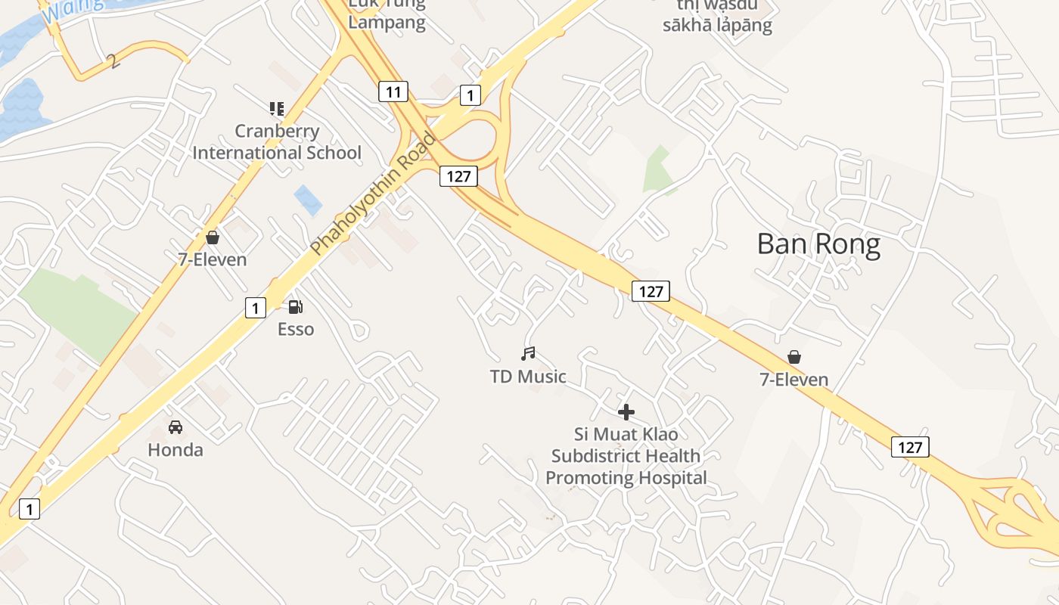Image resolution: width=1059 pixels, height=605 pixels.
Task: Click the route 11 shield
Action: point(393,92)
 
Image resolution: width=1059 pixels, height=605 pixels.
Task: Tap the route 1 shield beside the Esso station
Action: point(256,308)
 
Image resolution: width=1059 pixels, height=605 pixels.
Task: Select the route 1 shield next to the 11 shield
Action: point(470,95)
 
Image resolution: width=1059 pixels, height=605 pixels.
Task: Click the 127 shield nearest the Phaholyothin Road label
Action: point(458,177)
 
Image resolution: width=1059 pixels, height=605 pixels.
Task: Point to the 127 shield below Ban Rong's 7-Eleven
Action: point(910,447)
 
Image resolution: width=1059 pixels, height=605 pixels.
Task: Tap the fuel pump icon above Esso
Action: point(296,306)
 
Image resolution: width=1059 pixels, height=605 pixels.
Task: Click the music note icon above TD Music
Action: point(528,353)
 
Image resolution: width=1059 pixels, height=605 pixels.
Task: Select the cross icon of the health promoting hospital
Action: point(626,412)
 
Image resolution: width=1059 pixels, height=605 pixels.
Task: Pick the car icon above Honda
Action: point(175,427)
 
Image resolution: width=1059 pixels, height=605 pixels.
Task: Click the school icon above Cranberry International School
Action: point(277,109)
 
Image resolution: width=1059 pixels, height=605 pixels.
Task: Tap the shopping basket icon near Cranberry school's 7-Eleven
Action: point(213,237)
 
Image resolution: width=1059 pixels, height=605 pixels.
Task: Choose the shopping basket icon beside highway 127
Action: point(794,357)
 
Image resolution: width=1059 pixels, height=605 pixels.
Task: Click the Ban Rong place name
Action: point(818,244)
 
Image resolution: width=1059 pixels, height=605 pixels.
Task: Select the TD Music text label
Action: point(528,376)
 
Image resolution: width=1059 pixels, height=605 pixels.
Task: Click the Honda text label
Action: point(175,450)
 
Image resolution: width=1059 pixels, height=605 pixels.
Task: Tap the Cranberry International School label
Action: point(277,141)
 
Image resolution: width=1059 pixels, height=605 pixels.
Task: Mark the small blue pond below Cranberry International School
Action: point(308,200)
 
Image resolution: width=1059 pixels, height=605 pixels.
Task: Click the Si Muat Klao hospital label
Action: point(626,456)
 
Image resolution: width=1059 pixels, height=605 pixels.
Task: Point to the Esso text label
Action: point(296,329)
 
